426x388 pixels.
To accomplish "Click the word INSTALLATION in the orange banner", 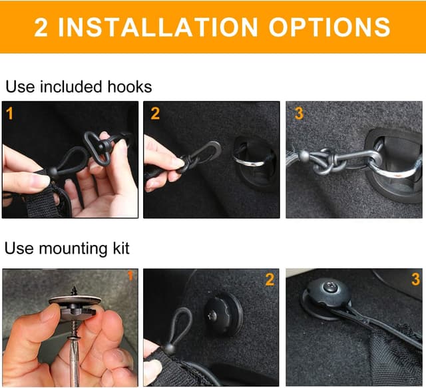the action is (158, 27).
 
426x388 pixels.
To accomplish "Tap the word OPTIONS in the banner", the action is (329, 27).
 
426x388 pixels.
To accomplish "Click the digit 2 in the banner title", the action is (41, 27).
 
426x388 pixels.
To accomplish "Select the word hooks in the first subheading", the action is (130, 87).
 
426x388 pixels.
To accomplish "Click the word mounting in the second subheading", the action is (73, 249).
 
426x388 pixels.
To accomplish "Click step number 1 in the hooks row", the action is (9, 113).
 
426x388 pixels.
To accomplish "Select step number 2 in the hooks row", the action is (155, 113).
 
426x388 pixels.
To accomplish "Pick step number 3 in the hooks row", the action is (299, 113).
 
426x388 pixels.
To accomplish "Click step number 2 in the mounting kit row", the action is (270, 280).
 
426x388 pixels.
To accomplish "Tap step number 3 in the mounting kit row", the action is (415, 280).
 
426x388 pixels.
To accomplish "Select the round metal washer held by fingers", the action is (75, 301).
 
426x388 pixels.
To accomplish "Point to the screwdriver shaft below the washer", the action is (74, 361).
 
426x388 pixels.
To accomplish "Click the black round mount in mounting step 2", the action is (223, 314).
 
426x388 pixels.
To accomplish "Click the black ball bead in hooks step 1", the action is (53, 173).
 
